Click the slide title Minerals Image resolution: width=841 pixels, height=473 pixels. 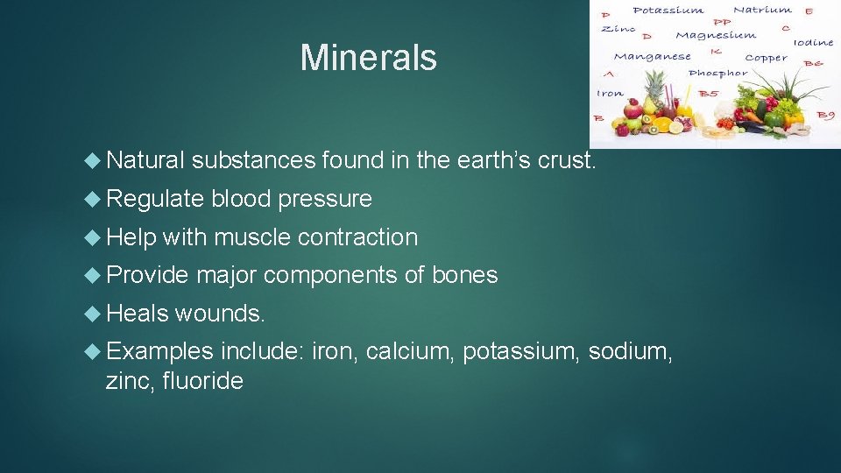tap(368, 58)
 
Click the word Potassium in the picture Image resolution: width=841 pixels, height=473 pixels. tap(668, 11)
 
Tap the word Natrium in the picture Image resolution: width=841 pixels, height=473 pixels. tap(761, 10)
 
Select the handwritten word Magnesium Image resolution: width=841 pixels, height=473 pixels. tap(716, 36)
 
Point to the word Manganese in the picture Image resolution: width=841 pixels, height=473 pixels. tap(652, 57)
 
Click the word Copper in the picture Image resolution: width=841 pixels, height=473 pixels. tap(766, 58)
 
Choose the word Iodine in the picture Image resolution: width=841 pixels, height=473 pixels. tap(814, 42)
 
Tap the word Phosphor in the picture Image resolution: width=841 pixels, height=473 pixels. tap(717, 74)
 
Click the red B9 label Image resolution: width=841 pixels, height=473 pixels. tap(825, 115)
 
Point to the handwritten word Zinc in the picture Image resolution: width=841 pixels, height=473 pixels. tap(618, 28)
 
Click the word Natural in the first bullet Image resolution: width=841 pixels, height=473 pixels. tap(145, 160)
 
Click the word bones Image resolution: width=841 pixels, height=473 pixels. tap(464, 275)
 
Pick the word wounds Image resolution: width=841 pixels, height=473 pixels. tap(220, 314)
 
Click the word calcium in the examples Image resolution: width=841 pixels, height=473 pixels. tap(410, 351)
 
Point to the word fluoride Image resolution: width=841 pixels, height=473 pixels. tap(202, 381)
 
